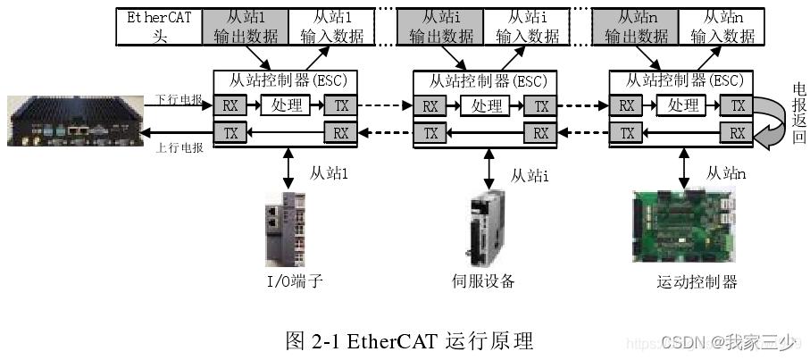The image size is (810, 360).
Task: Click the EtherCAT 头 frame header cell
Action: (x=160, y=27)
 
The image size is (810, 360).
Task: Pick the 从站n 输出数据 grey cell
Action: (x=637, y=27)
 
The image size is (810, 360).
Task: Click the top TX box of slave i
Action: (x=541, y=106)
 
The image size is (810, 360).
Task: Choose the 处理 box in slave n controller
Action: (x=684, y=106)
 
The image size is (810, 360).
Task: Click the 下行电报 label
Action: (x=179, y=100)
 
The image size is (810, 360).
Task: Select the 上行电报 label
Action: (x=179, y=147)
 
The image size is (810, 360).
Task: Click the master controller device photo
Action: (x=71, y=121)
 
